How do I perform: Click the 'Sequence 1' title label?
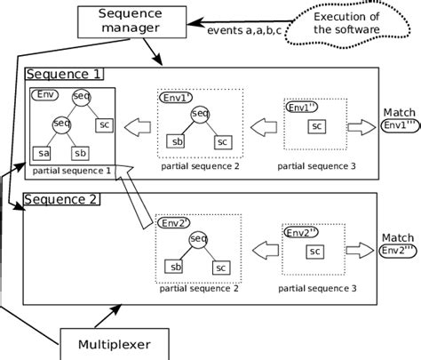point(64,74)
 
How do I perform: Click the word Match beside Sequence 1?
point(396,113)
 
